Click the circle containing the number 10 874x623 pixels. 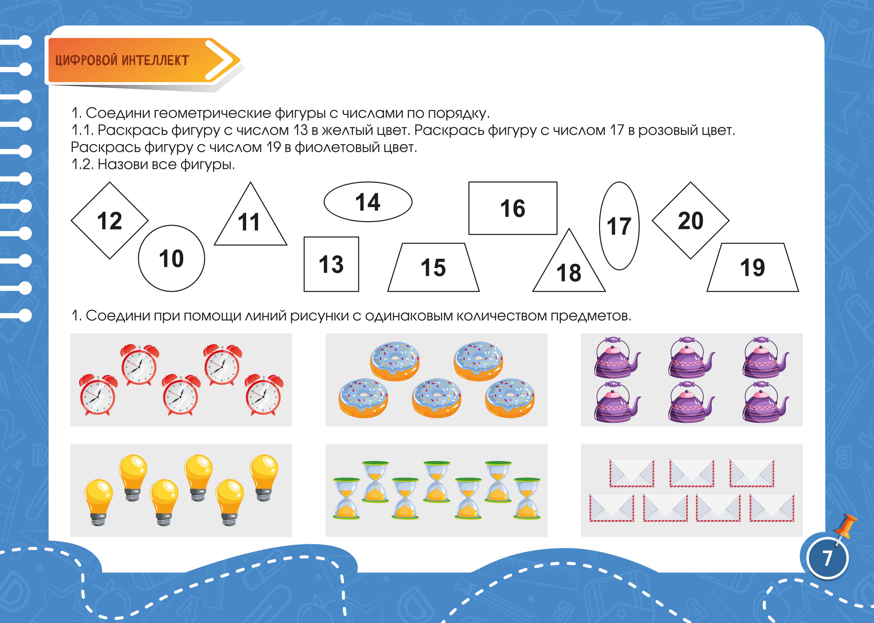click(171, 258)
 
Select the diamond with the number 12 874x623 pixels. click(110, 221)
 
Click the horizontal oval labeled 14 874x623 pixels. click(368, 202)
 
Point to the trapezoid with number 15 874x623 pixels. click(433, 267)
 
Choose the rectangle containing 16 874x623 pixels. click(513, 208)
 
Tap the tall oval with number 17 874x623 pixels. click(619, 226)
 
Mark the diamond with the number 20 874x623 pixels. click(691, 221)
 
